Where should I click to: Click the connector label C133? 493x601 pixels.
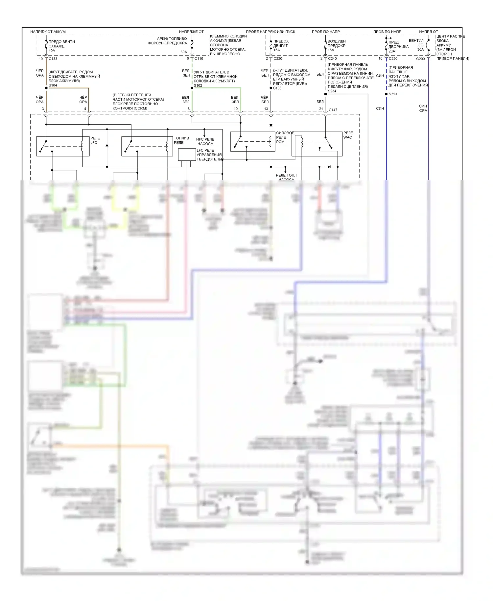(53, 59)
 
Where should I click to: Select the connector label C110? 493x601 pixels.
(199, 59)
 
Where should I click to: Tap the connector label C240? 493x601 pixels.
(332, 59)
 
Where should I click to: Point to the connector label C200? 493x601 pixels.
(420, 59)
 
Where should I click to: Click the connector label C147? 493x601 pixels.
(333, 110)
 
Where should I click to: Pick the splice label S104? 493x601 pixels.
(53, 85)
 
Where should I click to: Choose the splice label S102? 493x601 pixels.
(198, 85)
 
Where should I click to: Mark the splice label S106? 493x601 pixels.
(277, 88)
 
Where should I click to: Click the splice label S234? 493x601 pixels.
(332, 91)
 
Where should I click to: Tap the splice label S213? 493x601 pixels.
(393, 94)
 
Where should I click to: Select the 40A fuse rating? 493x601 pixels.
(52, 51)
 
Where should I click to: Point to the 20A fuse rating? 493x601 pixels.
(392, 51)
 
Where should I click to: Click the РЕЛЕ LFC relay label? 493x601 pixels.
(95, 140)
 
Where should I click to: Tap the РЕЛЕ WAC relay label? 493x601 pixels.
(348, 135)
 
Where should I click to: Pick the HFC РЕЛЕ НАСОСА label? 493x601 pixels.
(205, 141)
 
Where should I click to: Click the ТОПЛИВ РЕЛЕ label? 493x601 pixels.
(181, 140)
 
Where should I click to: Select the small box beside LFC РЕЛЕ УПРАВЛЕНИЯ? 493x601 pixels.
(187, 155)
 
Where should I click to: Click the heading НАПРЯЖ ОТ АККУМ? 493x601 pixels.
(48, 32)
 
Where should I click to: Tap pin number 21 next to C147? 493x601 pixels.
(321, 109)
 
